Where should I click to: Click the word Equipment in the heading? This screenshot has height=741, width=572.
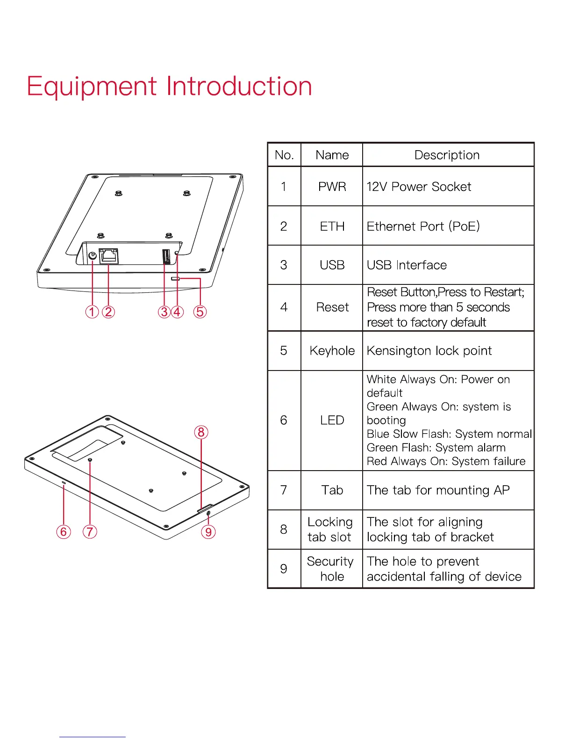click(92, 87)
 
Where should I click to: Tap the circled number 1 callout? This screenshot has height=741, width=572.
click(92, 312)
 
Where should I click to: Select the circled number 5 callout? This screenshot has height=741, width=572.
click(200, 312)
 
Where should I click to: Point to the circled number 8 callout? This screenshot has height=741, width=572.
click(201, 432)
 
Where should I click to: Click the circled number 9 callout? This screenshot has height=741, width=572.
click(208, 532)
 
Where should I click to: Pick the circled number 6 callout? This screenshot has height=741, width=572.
click(64, 532)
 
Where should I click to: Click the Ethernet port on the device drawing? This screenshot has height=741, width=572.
click(109, 256)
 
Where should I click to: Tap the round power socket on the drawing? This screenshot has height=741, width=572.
click(93, 255)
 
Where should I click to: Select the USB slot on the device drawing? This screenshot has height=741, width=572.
click(165, 257)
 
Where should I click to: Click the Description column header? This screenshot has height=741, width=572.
click(447, 155)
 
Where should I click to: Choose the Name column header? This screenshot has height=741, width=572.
click(332, 155)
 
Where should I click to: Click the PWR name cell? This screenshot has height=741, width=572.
click(332, 187)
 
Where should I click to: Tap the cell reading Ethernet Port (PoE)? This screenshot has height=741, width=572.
click(423, 226)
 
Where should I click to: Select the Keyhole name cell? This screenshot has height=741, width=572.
click(332, 351)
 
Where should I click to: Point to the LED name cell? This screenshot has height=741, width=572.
click(332, 420)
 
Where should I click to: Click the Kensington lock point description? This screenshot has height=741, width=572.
click(429, 351)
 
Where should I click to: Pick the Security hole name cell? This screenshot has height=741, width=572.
click(331, 569)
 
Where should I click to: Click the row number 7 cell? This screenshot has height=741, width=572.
click(284, 490)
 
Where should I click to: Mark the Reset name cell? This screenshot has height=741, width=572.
click(332, 307)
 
